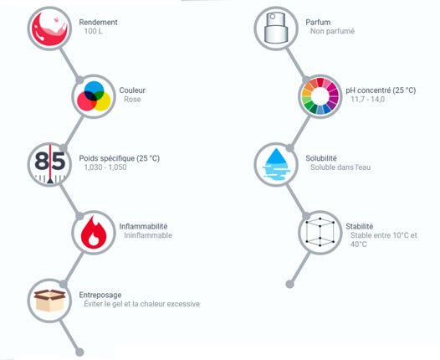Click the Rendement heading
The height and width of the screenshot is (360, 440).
click(x=98, y=22)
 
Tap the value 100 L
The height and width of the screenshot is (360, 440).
click(x=94, y=31)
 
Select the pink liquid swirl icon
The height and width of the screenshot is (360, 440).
click(x=49, y=28)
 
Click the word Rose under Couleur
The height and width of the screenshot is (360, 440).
click(x=132, y=100)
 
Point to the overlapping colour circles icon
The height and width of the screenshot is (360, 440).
click(x=94, y=96)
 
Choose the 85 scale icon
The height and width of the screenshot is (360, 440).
click(x=49, y=165)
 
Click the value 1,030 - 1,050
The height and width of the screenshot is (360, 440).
click(x=105, y=167)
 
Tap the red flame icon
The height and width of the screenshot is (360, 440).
click(x=94, y=232)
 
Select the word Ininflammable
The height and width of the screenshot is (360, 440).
click(x=148, y=235)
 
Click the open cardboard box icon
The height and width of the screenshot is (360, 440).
click(x=49, y=301)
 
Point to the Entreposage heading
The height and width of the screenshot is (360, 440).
click(x=100, y=295)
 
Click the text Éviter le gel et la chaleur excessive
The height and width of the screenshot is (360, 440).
click(x=142, y=304)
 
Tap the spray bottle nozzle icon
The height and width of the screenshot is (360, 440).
click(x=276, y=28)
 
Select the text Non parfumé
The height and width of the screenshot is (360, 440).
click(x=333, y=31)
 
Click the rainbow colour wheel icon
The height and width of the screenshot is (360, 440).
click(x=320, y=96)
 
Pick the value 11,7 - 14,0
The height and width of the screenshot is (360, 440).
click(x=368, y=100)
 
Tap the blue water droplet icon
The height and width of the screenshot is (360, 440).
click(x=276, y=165)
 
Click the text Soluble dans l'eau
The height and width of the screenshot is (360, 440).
click(x=340, y=167)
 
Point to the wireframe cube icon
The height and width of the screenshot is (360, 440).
click(x=320, y=232)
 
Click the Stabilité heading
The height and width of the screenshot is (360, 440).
click(x=360, y=226)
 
